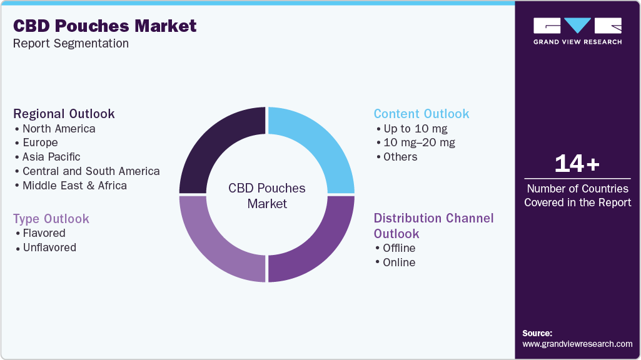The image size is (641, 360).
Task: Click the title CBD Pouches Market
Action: pos(105,26)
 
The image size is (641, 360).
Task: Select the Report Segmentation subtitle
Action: pos(71,43)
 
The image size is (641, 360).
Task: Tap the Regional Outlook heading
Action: pos(64,114)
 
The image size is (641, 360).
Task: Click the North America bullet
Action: pos(59,129)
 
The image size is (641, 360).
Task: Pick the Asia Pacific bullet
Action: pos(51,157)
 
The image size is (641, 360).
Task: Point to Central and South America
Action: pos(91,171)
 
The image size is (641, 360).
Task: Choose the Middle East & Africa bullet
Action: pos(74,186)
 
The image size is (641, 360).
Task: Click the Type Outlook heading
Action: pos(51,219)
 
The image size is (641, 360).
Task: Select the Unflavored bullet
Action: pos(49,247)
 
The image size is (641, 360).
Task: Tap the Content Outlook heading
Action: pos(421,114)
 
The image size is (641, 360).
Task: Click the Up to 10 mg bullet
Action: pos(415,129)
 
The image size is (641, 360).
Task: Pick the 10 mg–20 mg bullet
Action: pos(419,142)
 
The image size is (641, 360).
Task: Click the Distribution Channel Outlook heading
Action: pos(433,226)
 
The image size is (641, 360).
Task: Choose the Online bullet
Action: pos(399,262)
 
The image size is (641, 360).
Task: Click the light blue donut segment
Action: pos(319,144)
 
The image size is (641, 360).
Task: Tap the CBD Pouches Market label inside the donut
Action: pos(267,196)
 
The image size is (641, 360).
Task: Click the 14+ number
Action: pos(577,164)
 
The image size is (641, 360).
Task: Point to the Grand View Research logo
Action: pos(577,31)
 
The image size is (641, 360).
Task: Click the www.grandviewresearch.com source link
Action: pos(577,344)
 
